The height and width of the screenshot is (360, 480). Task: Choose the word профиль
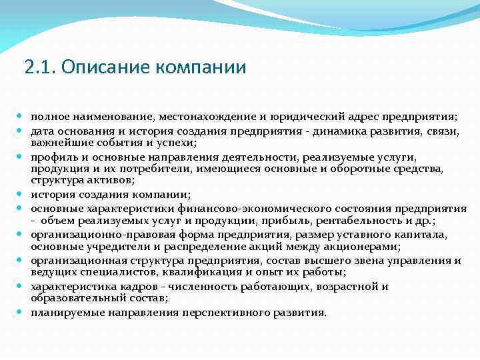point(51,157)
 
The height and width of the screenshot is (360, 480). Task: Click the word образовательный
point(74,299)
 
